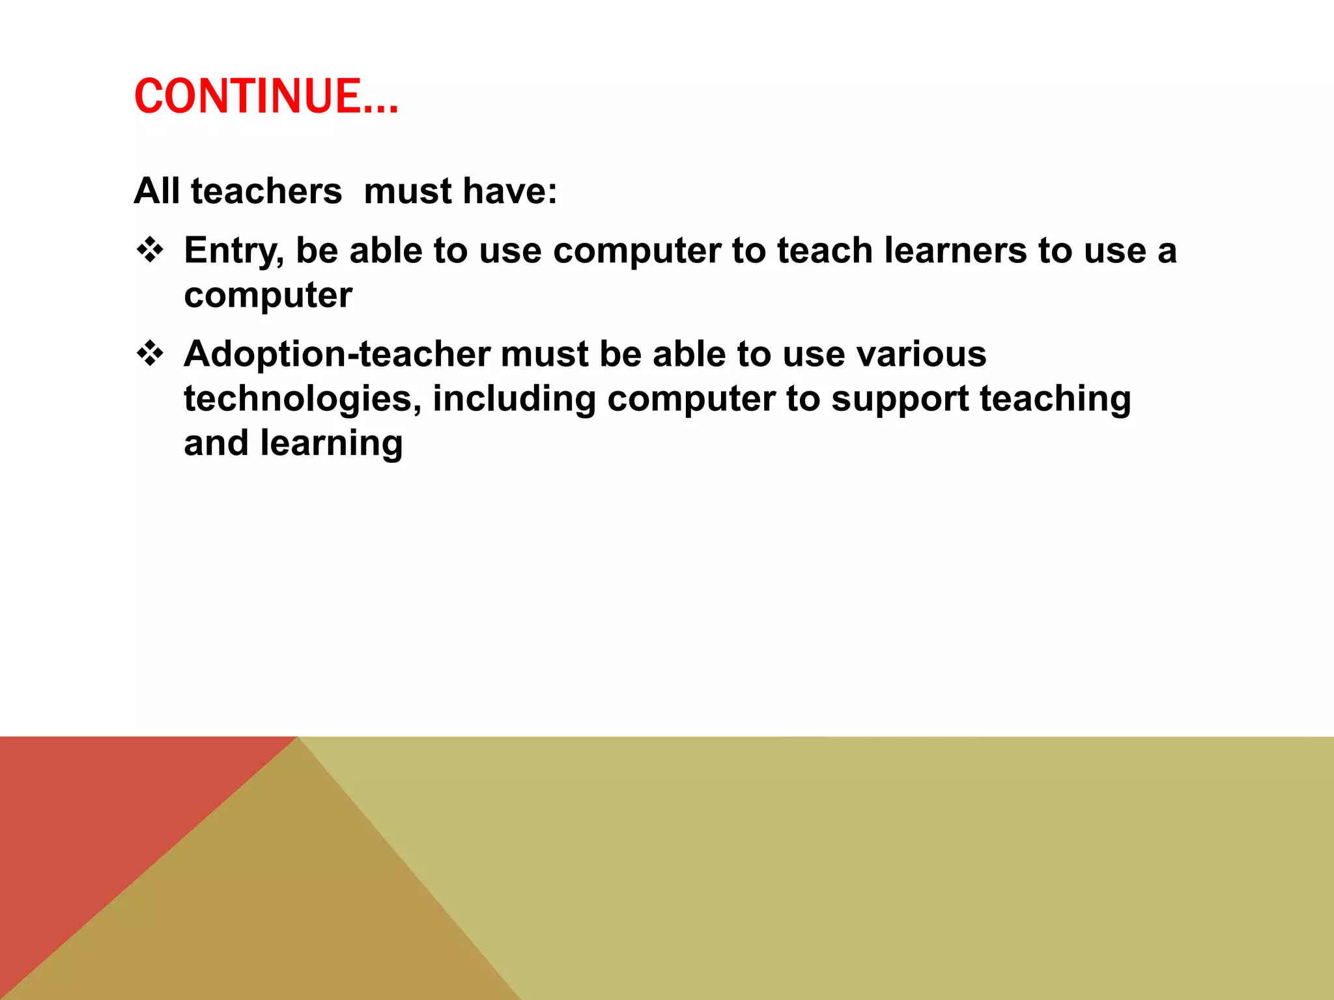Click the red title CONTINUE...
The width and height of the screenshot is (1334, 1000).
266,96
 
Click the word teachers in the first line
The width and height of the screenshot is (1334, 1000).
266,191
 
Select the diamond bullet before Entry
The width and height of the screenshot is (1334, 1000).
150,250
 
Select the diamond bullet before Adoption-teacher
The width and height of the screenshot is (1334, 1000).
150,354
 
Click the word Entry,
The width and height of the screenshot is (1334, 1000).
234,251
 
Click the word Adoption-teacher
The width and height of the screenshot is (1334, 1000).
337,355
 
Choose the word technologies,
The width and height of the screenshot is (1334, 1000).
302,399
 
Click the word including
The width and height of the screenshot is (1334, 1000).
514,399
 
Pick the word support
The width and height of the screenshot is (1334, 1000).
900,399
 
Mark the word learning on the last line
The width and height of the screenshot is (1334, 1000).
332,444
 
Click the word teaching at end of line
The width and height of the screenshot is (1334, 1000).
1055,399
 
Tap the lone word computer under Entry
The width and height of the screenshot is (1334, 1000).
268,296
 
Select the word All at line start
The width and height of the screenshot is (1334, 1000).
156,191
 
